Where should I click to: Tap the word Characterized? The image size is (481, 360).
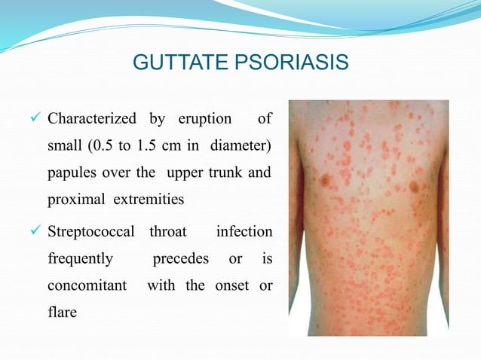(x=92, y=119)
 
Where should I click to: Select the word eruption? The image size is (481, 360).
(x=205, y=119)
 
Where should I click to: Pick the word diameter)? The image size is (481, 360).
(x=241, y=145)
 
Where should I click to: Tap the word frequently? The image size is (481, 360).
(x=81, y=260)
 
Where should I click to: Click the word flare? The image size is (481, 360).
(x=62, y=312)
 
